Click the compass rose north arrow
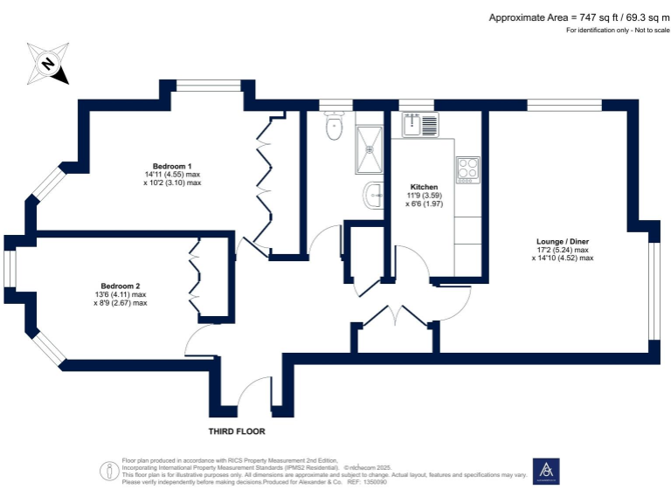[x=49, y=62]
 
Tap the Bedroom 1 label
[x=172, y=166]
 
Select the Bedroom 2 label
[x=120, y=286]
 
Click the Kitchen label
[x=424, y=187]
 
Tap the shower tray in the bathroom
[x=370, y=149]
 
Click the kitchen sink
[x=420, y=126]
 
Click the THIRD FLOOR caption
[x=236, y=431]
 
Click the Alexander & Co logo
[x=546, y=472]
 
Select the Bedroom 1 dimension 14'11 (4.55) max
[x=172, y=175]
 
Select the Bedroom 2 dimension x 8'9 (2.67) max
[x=120, y=303]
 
